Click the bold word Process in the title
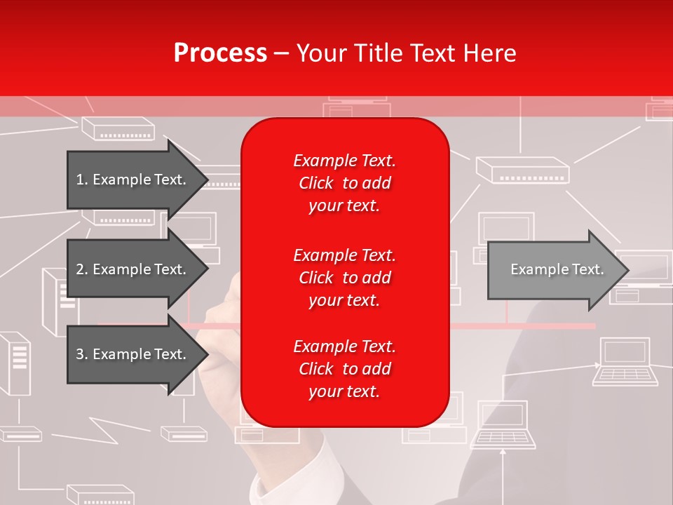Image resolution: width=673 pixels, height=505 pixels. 220,53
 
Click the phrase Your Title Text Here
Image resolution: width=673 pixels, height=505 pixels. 407,53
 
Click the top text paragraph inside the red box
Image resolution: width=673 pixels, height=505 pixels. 344,183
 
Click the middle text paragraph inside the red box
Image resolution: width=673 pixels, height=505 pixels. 344,278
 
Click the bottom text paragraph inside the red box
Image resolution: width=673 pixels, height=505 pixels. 344,369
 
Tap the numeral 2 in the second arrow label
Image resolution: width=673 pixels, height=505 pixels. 79,269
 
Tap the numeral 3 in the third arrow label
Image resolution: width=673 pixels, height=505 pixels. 79,354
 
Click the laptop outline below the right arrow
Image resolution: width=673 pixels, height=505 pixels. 625,362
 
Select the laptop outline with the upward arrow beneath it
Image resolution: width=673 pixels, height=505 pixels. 503,424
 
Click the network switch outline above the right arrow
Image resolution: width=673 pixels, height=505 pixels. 523,169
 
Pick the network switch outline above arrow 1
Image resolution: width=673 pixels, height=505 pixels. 118,128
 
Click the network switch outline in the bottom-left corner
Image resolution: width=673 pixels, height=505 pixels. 20,435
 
